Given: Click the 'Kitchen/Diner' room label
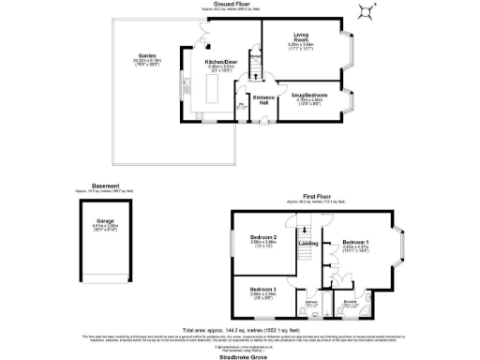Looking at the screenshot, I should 222,64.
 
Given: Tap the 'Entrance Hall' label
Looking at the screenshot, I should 263,98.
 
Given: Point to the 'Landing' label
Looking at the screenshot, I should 307,246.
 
